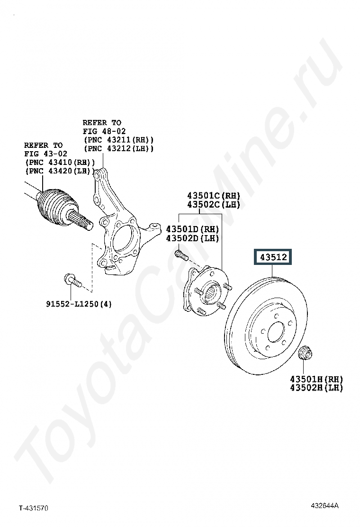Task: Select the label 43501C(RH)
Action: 214,196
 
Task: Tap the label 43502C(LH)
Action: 214,205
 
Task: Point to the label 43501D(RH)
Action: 192,229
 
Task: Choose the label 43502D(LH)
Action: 192,238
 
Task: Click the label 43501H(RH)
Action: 316,379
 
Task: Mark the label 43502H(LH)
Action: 316,388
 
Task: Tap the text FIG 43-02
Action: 46,154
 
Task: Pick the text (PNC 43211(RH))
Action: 118,140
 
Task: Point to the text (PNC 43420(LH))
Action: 60,171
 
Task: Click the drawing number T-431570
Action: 34,509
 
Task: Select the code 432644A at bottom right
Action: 325,506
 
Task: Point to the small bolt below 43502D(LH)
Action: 180,255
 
